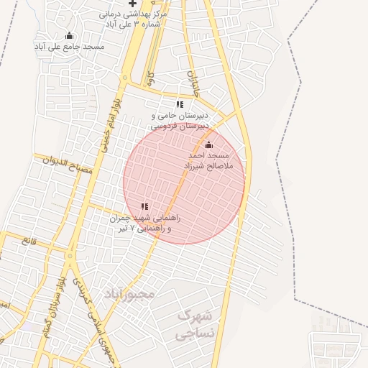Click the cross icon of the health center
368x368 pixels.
(x=132, y=4)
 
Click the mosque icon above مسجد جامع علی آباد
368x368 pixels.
(x=69, y=36)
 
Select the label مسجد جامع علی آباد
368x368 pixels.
(x=69, y=47)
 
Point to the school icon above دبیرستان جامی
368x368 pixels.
(x=180, y=105)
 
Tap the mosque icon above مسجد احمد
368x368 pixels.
(x=209, y=145)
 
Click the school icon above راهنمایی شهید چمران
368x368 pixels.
(x=144, y=206)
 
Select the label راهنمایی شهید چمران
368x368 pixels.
(x=147, y=217)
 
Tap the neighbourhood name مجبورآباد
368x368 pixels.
(x=129, y=295)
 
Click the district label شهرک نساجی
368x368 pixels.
(x=195, y=324)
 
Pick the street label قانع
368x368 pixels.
(x=29, y=241)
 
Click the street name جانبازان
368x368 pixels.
(x=193, y=83)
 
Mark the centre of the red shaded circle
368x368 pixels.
(x=184, y=183)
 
